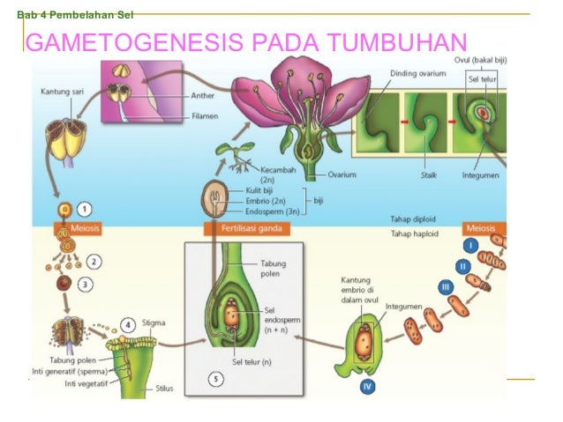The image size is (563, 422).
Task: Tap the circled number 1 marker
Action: click(85, 210)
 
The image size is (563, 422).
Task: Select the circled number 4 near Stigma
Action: click(127, 325)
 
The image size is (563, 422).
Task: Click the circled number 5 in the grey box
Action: click(216, 379)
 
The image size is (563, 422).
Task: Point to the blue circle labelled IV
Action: click(367, 387)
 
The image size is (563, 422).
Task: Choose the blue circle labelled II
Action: click(462, 266)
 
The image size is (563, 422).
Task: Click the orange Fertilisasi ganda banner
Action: click(247, 229)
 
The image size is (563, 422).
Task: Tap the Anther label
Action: click(202, 96)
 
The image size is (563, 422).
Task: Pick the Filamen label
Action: click(205, 116)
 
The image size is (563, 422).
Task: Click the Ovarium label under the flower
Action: click(342, 174)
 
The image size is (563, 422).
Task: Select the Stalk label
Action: click(429, 175)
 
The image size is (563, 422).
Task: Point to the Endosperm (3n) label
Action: click(272, 211)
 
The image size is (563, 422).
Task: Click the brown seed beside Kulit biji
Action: click(214, 198)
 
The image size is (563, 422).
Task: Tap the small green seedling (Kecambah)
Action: click(236, 156)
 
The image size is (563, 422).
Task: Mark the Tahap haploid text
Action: click(415, 233)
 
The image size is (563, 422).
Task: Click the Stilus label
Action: click(164, 389)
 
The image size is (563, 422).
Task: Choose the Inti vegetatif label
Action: click(86, 383)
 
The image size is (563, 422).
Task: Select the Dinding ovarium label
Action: click(418, 73)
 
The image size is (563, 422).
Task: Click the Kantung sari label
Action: click(62, 92)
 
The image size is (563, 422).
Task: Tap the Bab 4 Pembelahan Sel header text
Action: click(75, 15)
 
